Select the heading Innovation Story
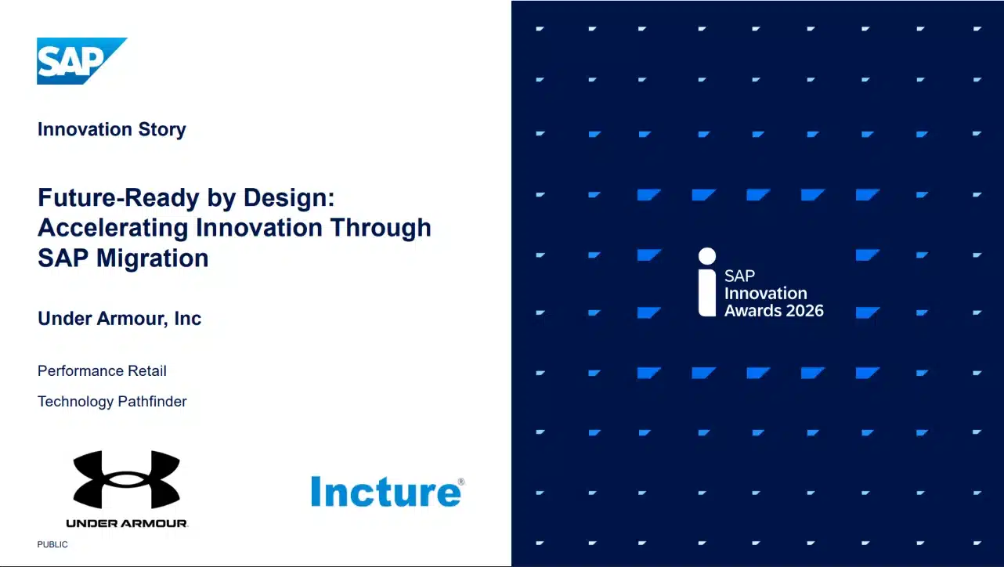point(111,129)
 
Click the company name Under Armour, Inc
point(119,319)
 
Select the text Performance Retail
point(102,370)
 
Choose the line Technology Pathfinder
point(112,402)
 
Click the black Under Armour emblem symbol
point(127,479)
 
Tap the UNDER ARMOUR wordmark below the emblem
point(127,523)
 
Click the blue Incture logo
point(385,492)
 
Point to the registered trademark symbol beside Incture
point(460,482)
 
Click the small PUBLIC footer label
point(52,544)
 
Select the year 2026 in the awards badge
point(799,311)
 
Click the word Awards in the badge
point(750,311)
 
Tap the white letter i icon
point(707,283)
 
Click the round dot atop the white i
point(707,256)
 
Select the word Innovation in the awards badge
point(765,294)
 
